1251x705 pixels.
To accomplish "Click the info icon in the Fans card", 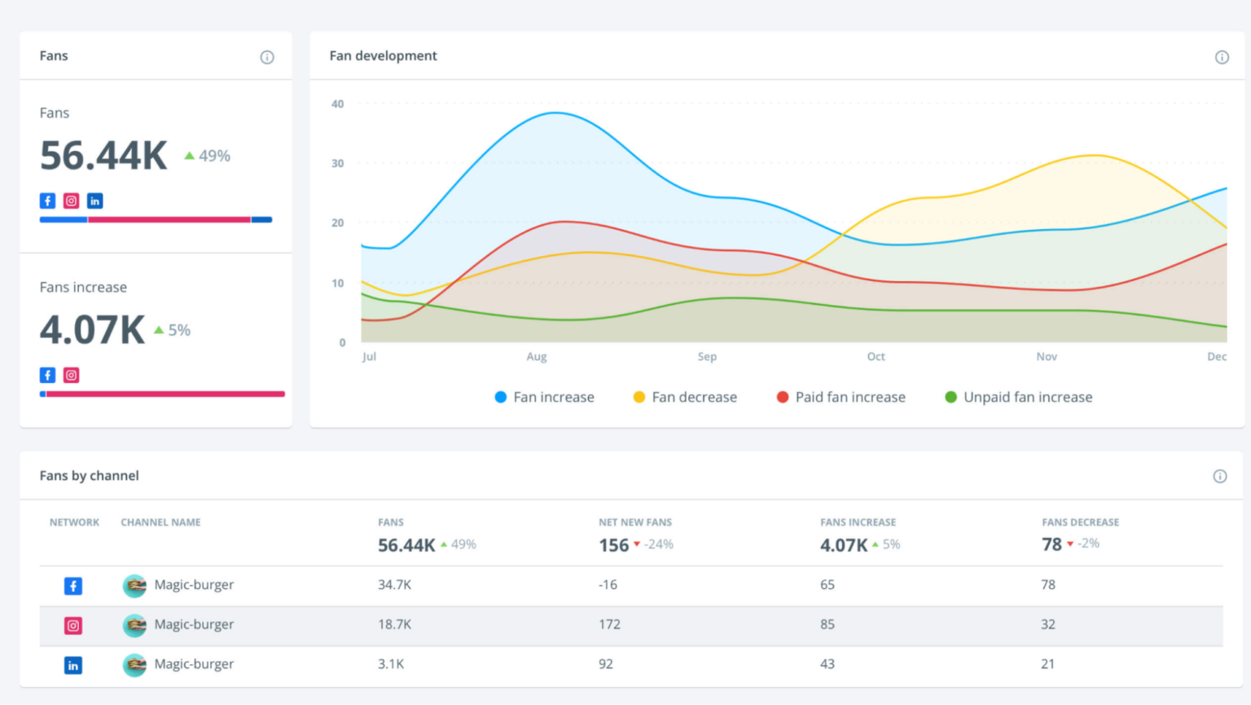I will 267,57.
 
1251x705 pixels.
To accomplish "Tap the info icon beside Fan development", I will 1222,57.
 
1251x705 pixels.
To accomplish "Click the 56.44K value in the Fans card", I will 103,156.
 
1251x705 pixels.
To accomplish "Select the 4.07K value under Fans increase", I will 92,330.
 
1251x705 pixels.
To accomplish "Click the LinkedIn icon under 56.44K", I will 95,201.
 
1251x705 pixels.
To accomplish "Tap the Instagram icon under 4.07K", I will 72,376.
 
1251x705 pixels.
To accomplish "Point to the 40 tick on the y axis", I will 337,104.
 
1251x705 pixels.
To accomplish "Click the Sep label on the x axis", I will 707,357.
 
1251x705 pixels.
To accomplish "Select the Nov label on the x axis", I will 1047,357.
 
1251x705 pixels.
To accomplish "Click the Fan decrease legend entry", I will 685,398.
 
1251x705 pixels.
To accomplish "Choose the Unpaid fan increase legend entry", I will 1018,398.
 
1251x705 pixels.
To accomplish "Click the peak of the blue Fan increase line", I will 555,113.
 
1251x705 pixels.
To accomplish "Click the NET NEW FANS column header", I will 635,522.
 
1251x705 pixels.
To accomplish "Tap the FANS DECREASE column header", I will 1080,522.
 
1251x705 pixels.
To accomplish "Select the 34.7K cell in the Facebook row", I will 394,585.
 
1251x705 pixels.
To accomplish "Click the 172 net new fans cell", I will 609,624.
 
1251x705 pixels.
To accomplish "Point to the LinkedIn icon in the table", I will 73,665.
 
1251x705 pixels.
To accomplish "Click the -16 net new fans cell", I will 608,585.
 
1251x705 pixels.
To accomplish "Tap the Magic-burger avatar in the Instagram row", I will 134,625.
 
